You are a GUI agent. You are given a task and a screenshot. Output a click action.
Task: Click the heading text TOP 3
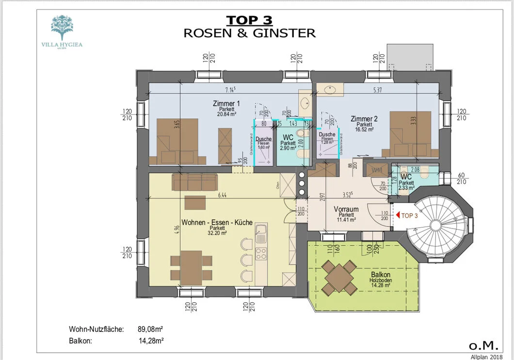point(249,20)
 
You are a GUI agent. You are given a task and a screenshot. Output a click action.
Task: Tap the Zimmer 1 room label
point(226,103)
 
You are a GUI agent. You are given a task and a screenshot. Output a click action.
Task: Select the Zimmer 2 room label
point(364,119)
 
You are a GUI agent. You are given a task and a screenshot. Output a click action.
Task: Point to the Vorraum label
point(346,210)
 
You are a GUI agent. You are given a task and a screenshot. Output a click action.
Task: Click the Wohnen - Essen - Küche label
point(217,223)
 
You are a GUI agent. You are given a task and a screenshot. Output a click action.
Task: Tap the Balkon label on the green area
point(382,275)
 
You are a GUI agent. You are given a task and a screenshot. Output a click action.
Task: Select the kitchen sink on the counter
point(261,235)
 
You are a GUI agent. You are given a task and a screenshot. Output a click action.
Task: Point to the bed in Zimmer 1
point(177,141)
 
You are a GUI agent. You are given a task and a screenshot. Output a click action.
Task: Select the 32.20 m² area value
point(217,233)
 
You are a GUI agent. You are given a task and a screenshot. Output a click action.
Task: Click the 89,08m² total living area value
point(151,329)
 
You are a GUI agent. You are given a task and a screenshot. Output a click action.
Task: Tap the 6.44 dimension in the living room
point(222,195)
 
